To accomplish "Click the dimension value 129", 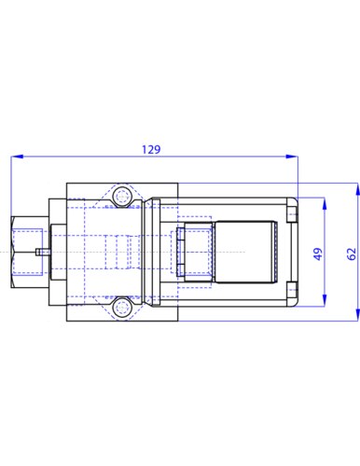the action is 151,150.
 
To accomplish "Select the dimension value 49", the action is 317,254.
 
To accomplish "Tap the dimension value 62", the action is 352,254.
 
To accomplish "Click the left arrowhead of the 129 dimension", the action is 17,157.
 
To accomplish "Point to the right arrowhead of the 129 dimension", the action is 292,157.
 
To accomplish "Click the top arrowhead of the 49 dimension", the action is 325,203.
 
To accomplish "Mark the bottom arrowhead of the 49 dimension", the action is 325,300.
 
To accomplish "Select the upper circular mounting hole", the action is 122,197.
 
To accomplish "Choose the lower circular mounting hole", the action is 122,308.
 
